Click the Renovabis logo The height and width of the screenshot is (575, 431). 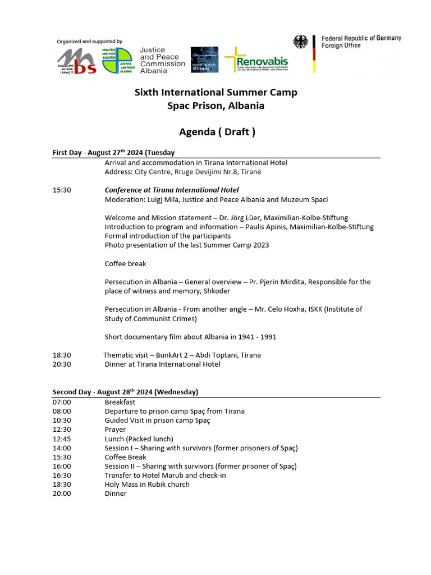click(x=256, y=60)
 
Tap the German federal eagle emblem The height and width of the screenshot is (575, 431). click(x=301, y=42)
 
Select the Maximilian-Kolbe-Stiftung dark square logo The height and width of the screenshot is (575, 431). click(x=204, y=60)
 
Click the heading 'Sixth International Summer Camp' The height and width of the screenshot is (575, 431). click(x=215, y=92)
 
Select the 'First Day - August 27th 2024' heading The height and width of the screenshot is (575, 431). click(x=113, y=153)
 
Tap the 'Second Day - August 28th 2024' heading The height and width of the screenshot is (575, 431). click(x=125, y=392)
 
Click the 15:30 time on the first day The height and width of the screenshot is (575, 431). click(x=62, y=190)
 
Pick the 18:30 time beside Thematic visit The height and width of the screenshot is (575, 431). click(x=62, y=355)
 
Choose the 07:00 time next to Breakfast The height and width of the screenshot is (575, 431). click(x=62, y=402)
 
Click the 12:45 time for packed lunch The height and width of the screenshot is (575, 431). click(x=62, y=439)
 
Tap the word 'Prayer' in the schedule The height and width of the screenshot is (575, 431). click(x=115, y=430)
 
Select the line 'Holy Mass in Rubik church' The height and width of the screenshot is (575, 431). click(x=147, y=484)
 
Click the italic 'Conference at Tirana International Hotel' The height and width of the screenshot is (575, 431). click(x=172, y=190)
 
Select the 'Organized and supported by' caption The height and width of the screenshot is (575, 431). click(x=89, y=42)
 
